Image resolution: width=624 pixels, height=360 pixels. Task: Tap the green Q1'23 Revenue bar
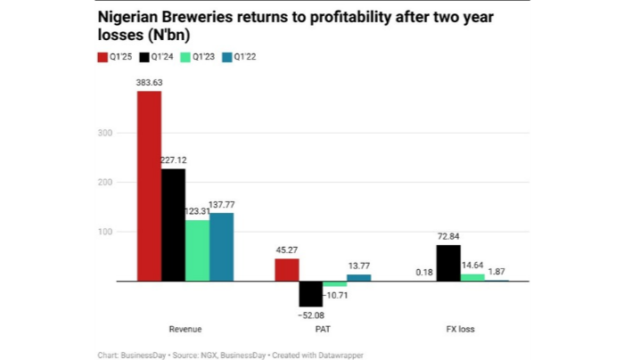(198, 250)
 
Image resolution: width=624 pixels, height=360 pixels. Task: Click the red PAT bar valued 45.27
(287, 270)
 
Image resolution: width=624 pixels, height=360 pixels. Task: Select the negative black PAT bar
(311, 293)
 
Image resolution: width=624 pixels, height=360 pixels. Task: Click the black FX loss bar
(448, 264)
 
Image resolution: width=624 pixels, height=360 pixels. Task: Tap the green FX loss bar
(472, 277)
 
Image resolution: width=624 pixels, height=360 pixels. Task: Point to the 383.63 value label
(150, 82)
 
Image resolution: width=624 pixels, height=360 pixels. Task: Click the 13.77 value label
(359, 266)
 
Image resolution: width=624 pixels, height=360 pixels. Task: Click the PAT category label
(323, 329)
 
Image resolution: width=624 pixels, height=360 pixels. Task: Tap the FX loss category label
(460, 329)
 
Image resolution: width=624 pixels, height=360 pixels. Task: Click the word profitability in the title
(308, 17)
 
